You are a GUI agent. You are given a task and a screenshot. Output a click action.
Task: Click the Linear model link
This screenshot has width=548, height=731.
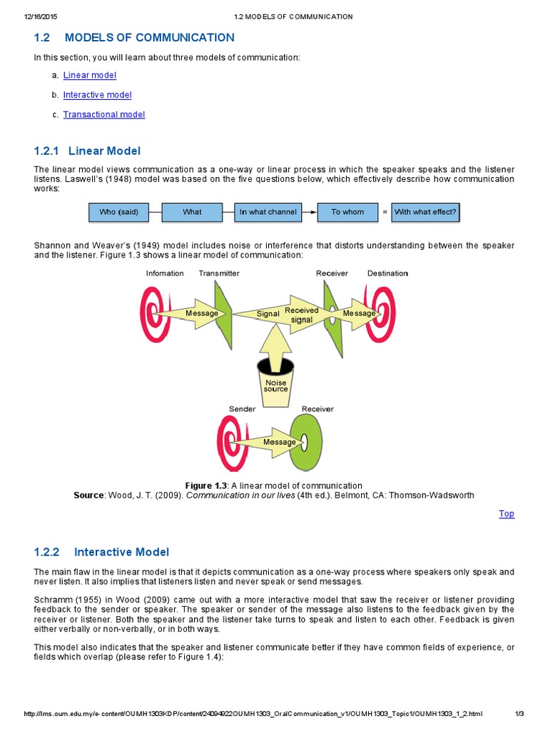tap(89, 75)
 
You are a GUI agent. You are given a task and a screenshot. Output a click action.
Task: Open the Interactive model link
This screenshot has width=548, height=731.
tap(97, 95)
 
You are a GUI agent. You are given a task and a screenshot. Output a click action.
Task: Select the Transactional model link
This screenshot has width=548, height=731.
tap(103, 114)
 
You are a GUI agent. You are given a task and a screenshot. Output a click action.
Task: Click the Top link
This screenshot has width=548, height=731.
tap(506, 513)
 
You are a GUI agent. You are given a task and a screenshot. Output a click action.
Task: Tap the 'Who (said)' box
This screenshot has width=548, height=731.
tap(119, 212)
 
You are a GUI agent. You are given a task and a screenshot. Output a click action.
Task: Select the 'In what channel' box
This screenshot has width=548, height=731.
tap(267, 212)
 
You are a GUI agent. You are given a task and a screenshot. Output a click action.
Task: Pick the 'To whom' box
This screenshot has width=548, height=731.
tap(347, 212)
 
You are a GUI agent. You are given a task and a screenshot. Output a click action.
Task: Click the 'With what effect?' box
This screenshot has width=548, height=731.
tap(425, 212)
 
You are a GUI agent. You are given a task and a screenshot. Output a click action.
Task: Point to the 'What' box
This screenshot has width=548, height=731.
tap(192, 212)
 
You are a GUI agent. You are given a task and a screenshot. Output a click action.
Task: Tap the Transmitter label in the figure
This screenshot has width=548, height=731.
tap(219, 273)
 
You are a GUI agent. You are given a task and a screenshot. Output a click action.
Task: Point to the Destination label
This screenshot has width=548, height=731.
tap(387, 273)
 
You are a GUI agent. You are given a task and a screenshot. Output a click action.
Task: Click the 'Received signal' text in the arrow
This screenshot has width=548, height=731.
tap(302, 315)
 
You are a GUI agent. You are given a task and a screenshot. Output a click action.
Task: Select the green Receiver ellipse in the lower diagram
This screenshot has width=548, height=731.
tap(307, 442)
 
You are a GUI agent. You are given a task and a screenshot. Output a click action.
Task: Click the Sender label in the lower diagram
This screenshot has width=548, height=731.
tap(242, 409)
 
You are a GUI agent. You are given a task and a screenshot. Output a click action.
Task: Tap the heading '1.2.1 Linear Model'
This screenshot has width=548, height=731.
tap(87, 151)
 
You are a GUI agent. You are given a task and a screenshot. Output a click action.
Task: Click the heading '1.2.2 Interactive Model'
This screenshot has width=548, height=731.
tap(101, 552)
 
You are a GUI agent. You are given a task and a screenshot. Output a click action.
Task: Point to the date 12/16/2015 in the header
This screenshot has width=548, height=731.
tap(41, 16)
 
